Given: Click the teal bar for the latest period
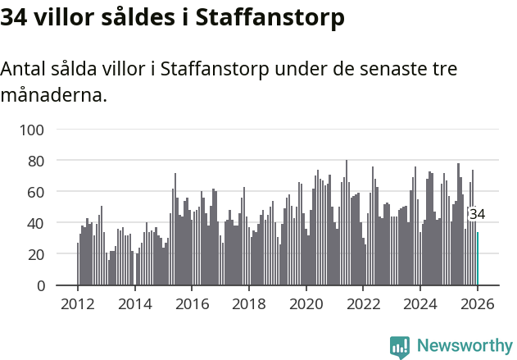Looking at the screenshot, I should click(478, 259).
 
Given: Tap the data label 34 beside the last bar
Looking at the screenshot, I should click(477, 214).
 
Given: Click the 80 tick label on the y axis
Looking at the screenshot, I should click(36, 161).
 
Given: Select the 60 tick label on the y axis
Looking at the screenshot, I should click(36, 192).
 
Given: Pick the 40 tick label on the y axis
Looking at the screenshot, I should click(36, 223).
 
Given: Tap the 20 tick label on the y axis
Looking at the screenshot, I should click(36, 254).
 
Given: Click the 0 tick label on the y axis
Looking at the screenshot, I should click(40, 285).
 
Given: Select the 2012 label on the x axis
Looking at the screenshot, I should click(78, 304).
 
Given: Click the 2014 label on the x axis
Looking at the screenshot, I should click(135, 304).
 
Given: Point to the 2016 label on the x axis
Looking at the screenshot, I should click(192, 304).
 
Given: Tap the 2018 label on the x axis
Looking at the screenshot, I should click(249, 304).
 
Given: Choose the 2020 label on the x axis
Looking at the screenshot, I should click(306, 304).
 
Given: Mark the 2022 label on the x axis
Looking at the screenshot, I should click(364, 304).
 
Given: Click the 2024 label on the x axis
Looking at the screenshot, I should click(421, 304).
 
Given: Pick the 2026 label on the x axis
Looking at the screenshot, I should click(478, 304).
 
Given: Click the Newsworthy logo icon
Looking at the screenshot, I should click(400, 347).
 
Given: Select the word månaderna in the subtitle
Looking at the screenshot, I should click(52, 95).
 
